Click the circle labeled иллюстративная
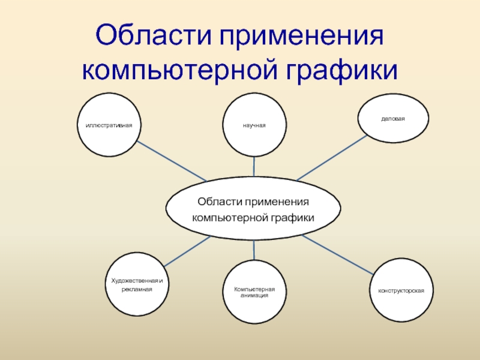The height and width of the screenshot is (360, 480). (109, 125)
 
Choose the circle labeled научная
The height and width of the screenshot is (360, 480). (254, 125)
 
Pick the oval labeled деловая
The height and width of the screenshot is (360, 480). (393, 118)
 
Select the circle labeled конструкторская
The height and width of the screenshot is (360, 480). (401, 290)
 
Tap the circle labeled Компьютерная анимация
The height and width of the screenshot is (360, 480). (254, 292)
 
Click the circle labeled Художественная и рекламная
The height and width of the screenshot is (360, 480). (137, 284)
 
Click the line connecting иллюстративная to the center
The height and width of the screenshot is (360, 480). (171, 161)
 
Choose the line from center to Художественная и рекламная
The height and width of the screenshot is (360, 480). (186, 251)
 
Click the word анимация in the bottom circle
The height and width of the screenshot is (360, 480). (254, 295)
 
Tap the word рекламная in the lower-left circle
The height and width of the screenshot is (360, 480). (137, 289)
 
